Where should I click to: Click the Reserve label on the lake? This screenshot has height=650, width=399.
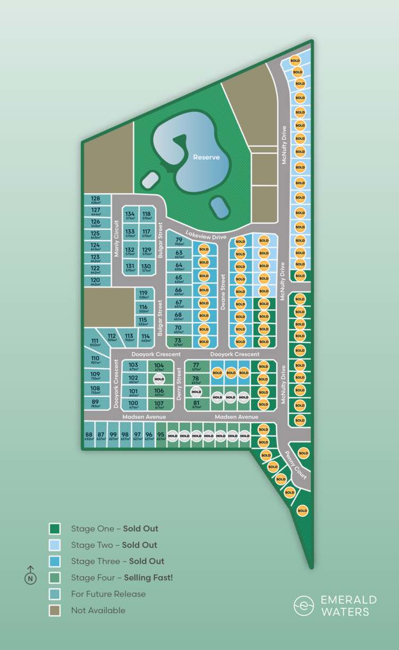[x=206, y=157]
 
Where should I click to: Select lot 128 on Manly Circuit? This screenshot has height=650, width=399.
[x=95, y=200]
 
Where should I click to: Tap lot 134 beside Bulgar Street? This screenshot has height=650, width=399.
[x=130, y=216]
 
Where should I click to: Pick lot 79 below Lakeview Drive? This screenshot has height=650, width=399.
[x=179, y=241]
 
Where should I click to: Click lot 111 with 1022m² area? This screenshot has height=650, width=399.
[x=95, y=343]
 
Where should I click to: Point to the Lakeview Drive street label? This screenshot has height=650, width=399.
[x=206, y=234]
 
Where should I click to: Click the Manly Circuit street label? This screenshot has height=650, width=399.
[x=117, y=238]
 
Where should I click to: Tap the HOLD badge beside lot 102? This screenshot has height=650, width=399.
[x=159, y=379]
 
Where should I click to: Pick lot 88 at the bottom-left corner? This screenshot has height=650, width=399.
[x=89, y=437]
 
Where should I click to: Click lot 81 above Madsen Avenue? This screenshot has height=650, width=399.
[x=196, y=404]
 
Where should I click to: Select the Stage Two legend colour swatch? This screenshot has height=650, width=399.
[x=55, y=545]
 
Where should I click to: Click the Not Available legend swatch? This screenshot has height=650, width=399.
[x=55, y=611]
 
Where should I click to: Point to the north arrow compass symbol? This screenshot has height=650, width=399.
[x=31, y=575]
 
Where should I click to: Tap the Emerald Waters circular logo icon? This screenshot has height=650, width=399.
[x=304, y=605]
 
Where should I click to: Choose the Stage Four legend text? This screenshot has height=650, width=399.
[x=122, y=578]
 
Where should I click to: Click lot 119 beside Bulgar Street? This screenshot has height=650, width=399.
[x=143, y=294]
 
